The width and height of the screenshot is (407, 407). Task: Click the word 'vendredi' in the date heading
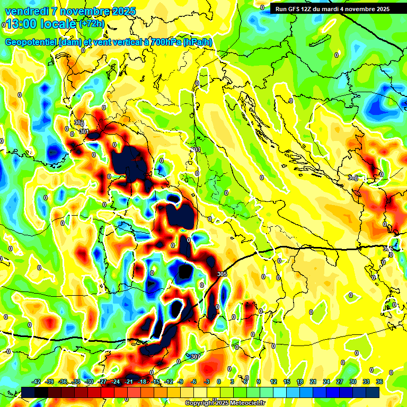tap(26, 11)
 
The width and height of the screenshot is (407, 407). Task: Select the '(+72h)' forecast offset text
tap(92, 24)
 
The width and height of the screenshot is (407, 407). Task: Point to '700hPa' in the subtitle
tap(165, 42)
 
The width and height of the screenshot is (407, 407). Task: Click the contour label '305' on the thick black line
tap(222, 274)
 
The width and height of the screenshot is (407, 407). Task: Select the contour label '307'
tap(195, 356)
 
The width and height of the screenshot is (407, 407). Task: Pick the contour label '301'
tap(84, 131)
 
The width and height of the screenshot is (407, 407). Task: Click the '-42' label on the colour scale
tap(37, 382)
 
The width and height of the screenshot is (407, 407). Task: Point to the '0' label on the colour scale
tap(218, 382)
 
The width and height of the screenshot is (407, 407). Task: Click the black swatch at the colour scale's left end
tap(28, 392)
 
